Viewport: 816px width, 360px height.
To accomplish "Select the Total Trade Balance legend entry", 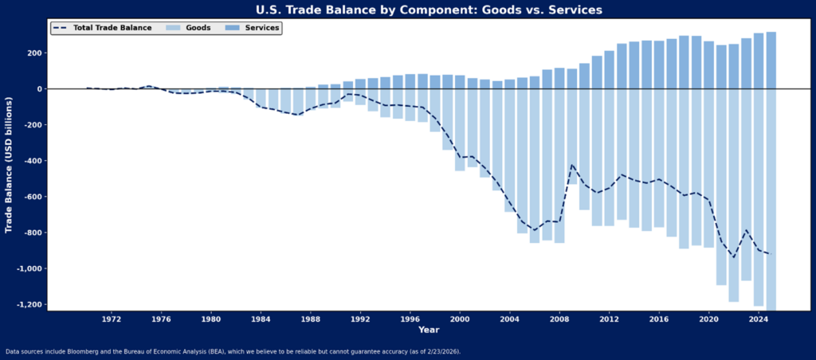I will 101,28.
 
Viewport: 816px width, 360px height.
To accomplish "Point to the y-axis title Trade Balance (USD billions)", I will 9,165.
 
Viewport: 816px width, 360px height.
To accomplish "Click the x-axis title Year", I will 429,330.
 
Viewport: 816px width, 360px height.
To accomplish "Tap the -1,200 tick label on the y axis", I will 29,304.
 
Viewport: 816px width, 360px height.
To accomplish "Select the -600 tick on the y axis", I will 33,197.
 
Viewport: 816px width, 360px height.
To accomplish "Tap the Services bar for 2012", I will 610,70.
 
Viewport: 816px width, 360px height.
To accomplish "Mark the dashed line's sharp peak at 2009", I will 572,165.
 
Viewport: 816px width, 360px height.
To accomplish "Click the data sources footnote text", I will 233,351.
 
